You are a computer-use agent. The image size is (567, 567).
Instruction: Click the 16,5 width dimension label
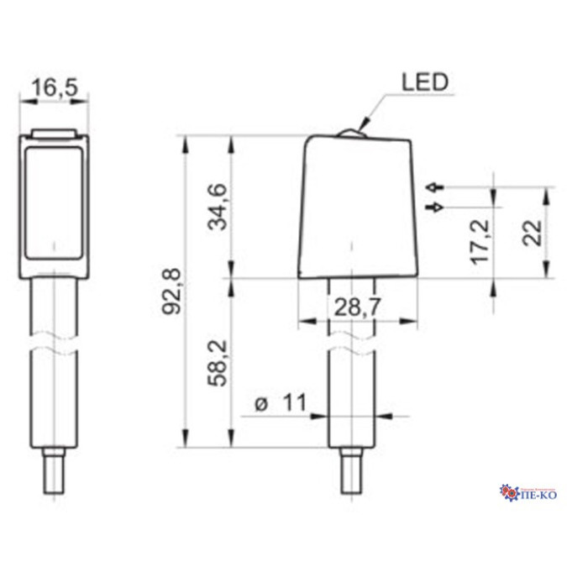tap(55, 88)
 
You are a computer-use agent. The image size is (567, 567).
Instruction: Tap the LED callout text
tap(425, 82)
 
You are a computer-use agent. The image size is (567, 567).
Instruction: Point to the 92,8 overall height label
tap(171, 291)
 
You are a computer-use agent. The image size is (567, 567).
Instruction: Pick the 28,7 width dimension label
tap(357, 307)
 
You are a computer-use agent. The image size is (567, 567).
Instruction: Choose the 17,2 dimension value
tap(480, 242)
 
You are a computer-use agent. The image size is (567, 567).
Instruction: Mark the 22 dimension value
tap(533, 234)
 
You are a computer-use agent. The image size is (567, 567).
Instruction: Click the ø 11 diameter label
tap(281, 402)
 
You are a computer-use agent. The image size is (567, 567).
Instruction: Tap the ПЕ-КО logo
tap(528, 493)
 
